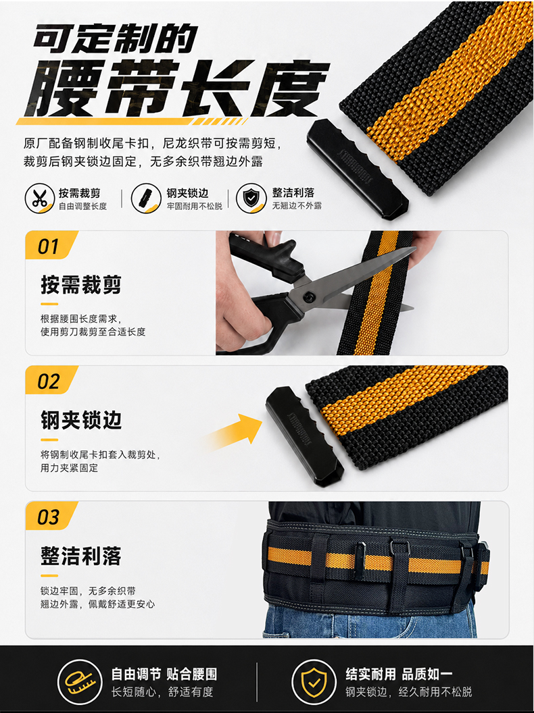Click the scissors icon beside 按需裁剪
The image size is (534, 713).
tap(40, 199)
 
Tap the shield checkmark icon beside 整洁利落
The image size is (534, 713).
tap(251, 199)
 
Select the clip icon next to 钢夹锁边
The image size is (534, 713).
tap(146, 199)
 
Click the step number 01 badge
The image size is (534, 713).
tap(51, 246)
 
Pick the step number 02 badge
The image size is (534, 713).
tap(51, 381)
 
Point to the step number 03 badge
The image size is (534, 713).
tap(51, 516)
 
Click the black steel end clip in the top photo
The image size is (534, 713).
tap(357, 169)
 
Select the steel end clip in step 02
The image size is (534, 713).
tap(305, 437)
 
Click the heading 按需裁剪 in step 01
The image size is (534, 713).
tap(81, 285)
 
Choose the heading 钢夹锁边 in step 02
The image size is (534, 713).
tap(81, 420)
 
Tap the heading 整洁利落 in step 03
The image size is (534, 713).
tap(81, 556)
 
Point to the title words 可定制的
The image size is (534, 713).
tap(116, 38)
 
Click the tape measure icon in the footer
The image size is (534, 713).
tap(80, 682)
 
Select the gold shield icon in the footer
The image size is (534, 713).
tap(314, 682)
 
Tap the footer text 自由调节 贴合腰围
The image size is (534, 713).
tap(164, 674)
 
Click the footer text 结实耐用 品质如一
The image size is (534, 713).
tap(399, 674)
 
